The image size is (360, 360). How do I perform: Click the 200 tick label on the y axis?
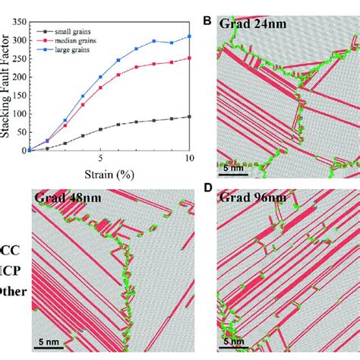20,77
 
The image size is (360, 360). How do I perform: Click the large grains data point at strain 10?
189,36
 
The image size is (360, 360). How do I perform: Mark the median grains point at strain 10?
189,58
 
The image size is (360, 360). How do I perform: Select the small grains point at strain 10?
189,116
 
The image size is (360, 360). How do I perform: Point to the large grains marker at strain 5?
101,77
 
